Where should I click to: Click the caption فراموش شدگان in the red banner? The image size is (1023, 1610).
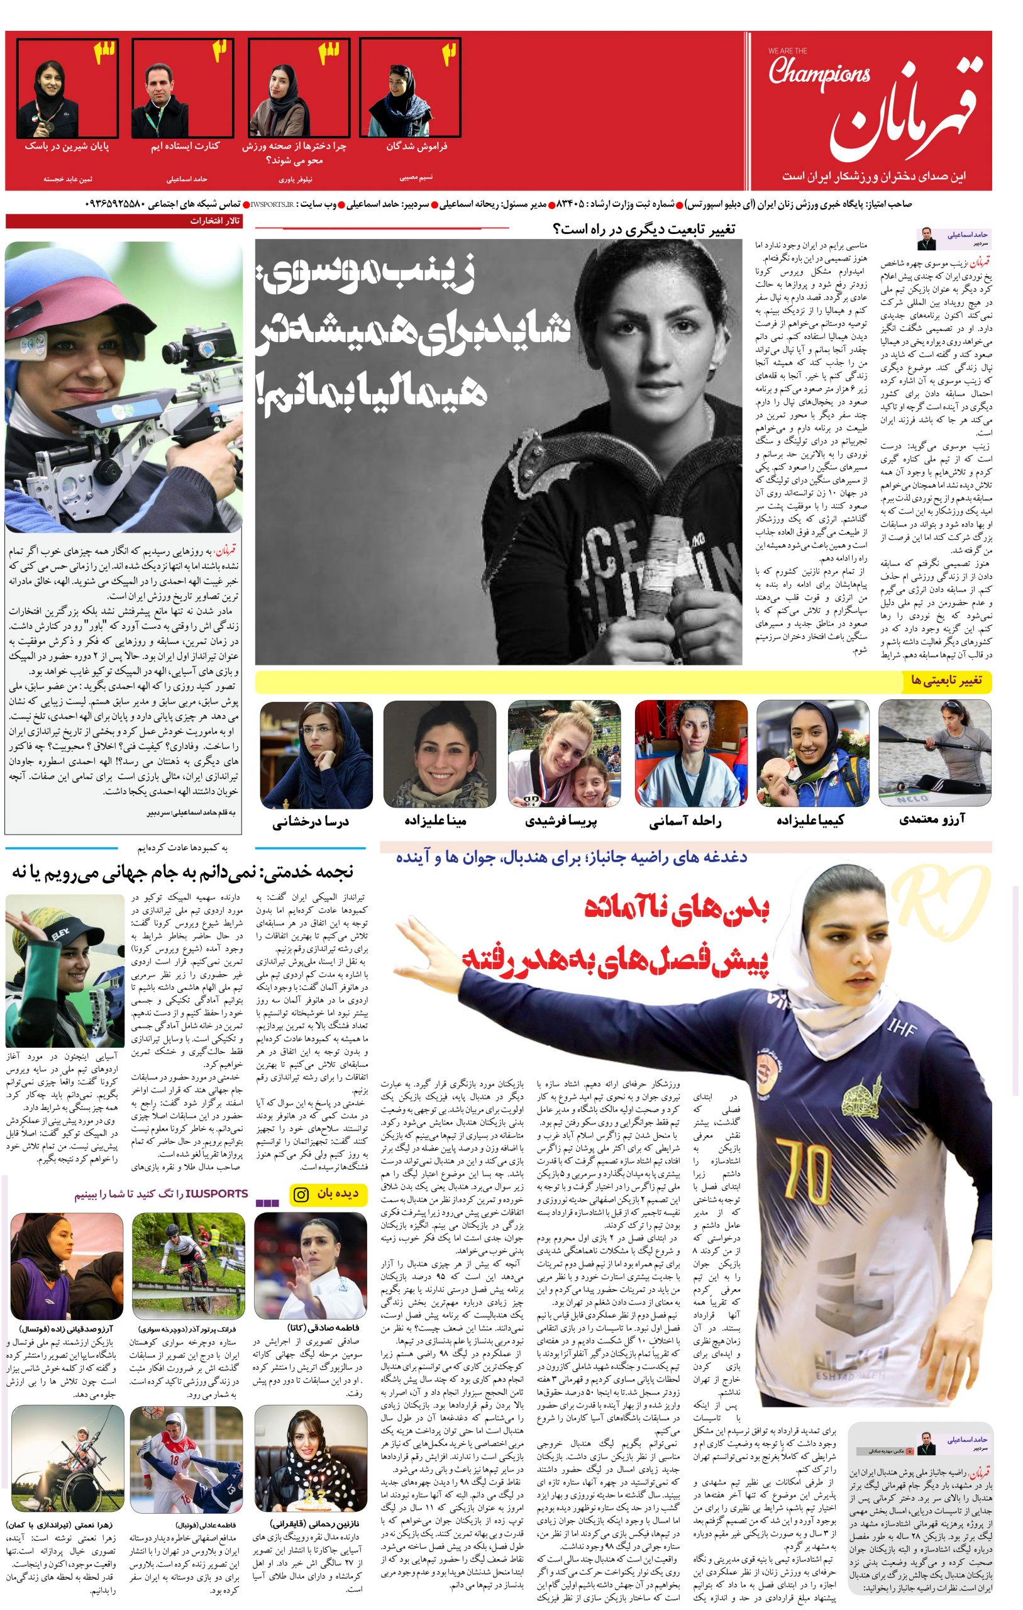(x=416, y=147)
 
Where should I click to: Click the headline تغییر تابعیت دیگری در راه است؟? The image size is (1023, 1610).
(x=644, y=230)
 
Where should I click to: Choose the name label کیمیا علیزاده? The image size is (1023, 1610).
(x=810, y=819)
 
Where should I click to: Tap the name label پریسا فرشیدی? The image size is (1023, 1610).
(x=563, y=820)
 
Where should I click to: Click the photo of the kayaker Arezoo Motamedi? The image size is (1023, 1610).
(x=935, y=752)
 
